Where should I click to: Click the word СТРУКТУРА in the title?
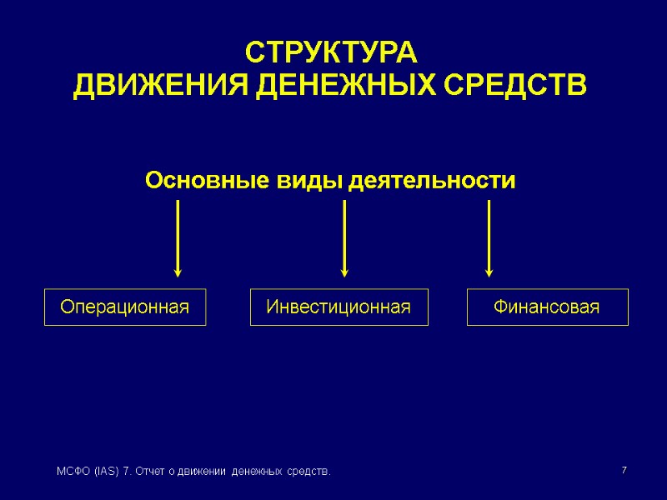pos(330,53)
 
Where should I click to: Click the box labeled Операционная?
pos(125,307)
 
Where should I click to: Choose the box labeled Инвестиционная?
pos(339,307)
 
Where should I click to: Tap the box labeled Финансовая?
pos(547,307)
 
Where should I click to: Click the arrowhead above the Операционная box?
pos(178,271)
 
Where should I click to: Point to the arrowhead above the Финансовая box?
pos(489,271)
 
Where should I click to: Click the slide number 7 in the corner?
pos(623,472)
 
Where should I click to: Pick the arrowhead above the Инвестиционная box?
pos(344,271)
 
